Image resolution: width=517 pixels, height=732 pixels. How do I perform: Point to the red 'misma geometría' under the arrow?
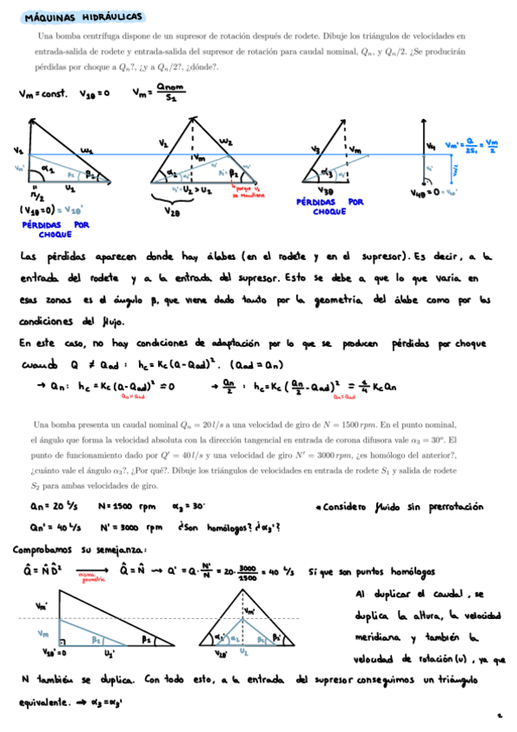86,581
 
